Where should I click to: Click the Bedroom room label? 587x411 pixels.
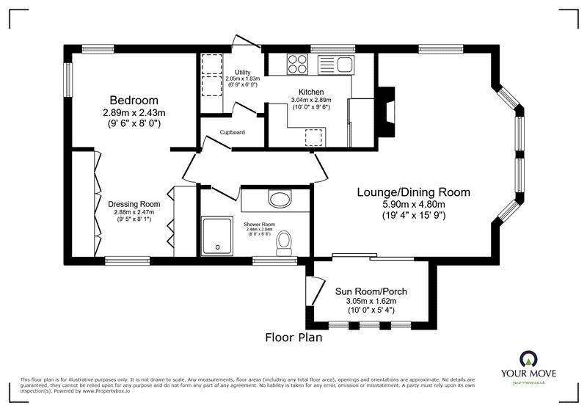tap(134, 100)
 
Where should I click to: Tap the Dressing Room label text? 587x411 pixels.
tap(134, 204)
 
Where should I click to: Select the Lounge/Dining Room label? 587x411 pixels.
tap(413, 192)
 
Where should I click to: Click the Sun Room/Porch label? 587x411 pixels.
tap(371, 291)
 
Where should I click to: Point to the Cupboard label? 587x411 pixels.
tap(233, 132)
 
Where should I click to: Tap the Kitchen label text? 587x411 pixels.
tap(310, 92)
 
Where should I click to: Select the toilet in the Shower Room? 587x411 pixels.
tap(283, 241)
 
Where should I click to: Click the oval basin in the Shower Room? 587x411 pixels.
tap(280, 198)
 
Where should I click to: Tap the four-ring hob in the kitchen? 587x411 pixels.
tap(297, 65)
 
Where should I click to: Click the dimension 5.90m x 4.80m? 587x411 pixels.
tap(413, 205)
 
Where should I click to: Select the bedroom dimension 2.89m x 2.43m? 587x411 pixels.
tap(134, 113)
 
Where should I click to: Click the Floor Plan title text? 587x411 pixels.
tap(293, 338)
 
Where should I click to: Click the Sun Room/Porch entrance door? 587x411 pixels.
tap(315, 292)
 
